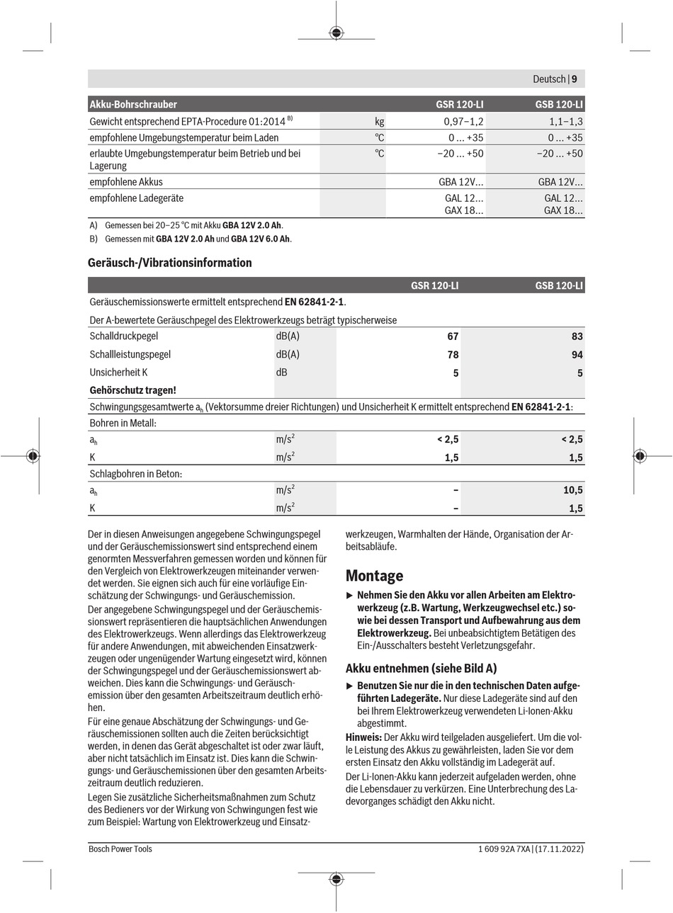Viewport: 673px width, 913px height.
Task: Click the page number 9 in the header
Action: [x=575, y=79]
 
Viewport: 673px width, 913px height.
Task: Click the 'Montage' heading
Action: [x=374, y=576]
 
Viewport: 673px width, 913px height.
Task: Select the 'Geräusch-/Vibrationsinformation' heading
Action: [x=170, y=263]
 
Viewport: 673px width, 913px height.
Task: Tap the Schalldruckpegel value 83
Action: [x=577, y=336]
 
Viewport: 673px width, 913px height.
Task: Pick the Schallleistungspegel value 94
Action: [x=577, y=355]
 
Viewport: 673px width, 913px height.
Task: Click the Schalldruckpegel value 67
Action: [x=453, y=336]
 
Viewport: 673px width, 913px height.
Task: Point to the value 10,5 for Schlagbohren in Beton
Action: [x=573, y=490]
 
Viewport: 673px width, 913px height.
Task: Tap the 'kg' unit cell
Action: [x=379, y=122]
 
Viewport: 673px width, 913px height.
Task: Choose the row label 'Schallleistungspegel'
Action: [x=130, y=354]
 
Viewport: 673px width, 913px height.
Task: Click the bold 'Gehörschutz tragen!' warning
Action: [x=133, y=390]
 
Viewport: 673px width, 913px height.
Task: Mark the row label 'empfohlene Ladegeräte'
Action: [x=137, y=198]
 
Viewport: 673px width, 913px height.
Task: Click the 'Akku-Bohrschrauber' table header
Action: [x=133, y=104]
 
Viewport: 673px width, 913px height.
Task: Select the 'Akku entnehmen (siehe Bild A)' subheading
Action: [x=421, y=668]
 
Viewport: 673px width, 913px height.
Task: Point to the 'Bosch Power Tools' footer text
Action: [x=120, y=849]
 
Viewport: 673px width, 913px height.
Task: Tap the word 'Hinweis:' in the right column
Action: [x=363, y=737]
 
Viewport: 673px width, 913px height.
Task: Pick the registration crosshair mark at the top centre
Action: [x=336, y=32]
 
